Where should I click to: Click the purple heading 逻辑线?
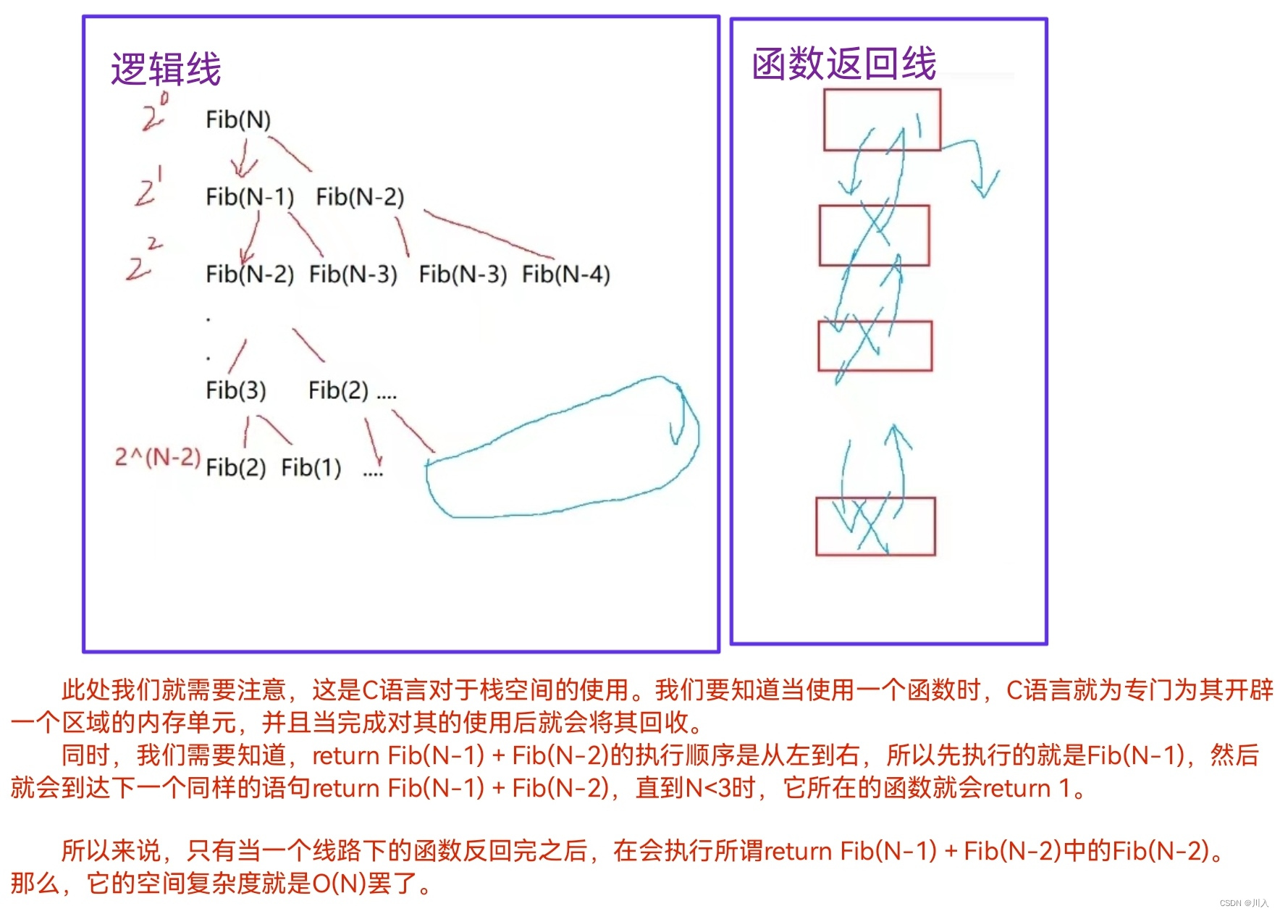[x=166, y=70]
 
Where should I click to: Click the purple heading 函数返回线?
[x=844, y=64]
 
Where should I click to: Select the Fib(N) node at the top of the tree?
[x=238, y=120]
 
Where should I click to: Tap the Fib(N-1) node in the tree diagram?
[x=250, y=197]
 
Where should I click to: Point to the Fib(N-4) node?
[x=566, y=274]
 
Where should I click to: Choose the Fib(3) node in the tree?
[x=236, y=390]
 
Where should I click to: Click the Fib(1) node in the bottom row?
[x=311, y=468]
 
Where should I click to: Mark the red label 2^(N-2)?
[x=157, y=457]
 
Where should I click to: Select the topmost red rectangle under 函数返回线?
[x=882, y=120]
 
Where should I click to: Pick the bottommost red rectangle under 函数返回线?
[x=875, y=527]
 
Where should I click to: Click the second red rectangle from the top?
[x=874, y=235]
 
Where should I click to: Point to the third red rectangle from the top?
[x=875, y=345]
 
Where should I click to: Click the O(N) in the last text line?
[x=340, y=884]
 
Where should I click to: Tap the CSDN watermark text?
[x=1244, y=903]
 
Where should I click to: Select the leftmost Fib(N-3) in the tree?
[x=353, y=274]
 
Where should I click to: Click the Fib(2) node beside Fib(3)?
[x=338, y=390]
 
